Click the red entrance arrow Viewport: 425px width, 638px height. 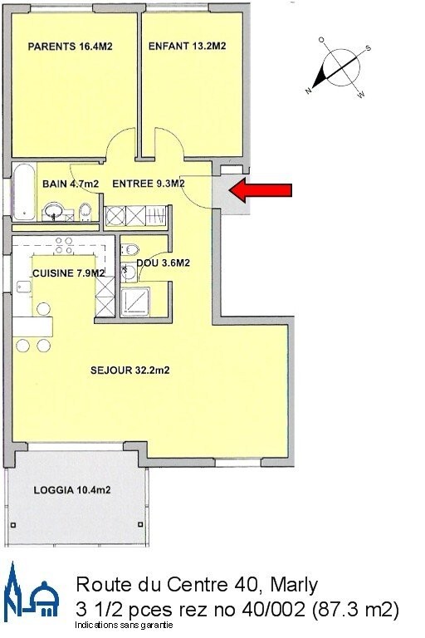tap(260, 191)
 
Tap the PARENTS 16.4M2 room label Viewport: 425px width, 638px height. tap(71, 47)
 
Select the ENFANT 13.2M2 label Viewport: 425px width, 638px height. tap(188, 47)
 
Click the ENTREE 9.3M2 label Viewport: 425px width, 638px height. tap(148, 184)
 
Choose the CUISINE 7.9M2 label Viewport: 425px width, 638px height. tap(68, 273)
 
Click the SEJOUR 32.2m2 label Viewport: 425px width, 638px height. tap(130, 371)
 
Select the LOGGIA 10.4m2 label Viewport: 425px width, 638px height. tap(72, 491)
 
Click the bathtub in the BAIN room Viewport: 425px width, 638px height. tap(23, 193)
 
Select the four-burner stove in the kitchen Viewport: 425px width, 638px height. tap(62, 246)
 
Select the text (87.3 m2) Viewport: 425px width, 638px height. tap(354, 609)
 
